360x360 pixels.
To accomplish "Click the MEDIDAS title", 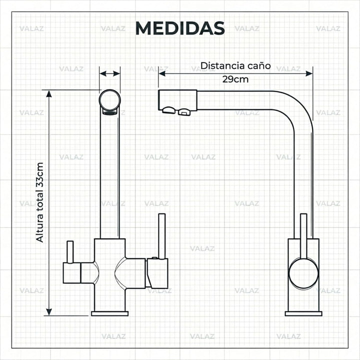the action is (180, 28).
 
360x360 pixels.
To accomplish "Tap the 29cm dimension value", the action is (235, 79).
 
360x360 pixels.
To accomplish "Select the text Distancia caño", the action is (235, 65).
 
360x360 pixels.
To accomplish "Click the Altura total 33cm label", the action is (39, 202).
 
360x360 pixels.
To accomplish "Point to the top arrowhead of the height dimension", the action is (49, 93).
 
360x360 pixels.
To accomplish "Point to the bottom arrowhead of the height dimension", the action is (49, 312).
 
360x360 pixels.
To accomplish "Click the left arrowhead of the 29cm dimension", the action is (162, 73).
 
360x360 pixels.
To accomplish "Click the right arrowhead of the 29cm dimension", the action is (309, 73).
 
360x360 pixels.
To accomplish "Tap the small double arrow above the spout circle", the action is (109, 73).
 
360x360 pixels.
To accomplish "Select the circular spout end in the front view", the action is (109, 100).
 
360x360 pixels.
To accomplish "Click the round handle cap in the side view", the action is (303, 273).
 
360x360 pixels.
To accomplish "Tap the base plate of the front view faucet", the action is (109, 313).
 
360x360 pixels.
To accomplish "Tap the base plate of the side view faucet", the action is (303, 313).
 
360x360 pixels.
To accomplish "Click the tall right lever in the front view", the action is (162, 236).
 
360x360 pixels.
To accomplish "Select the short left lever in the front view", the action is (70, 252).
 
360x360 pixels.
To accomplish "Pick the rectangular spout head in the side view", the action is (177, 100).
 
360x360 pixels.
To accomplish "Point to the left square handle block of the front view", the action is (72, 273).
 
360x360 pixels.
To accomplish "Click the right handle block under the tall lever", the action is (157, 273).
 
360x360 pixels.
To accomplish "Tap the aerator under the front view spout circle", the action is (109, 112).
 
